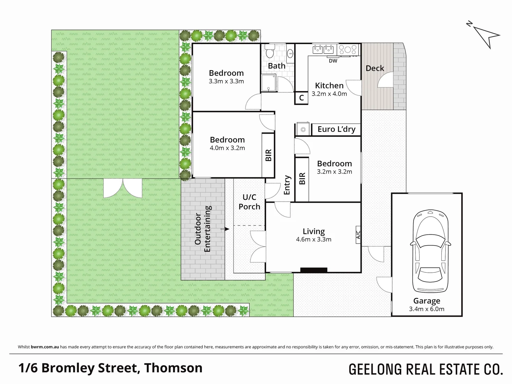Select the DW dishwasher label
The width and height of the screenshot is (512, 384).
(x=333, y=61)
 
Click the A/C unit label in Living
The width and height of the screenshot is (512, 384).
(x=358, y=235)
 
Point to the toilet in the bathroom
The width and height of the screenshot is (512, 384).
(x=270, y=51)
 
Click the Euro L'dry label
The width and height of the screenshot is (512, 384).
(x=336, y=129)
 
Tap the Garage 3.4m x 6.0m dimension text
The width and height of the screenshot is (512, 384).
(x=426, y=309)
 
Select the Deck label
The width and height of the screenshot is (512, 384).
(x=375, y=68)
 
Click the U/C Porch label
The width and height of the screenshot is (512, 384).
(x=249, y=202)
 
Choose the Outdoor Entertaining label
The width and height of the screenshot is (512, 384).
(x=203, y=229)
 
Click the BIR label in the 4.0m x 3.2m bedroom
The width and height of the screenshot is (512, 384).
(x=268, y=155)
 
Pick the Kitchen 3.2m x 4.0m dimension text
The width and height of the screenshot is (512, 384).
(x=329, y=94)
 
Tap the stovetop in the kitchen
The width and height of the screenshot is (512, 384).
(x=348, y=49)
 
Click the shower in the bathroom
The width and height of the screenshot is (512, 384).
(x=269, y=83)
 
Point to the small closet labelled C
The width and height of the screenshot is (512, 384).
(x=301, y=98)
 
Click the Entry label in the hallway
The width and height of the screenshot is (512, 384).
(x=287, y=185)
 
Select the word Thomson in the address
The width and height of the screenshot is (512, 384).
(x=173, y=368)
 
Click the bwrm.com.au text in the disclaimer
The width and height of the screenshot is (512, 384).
(x=45, y=347)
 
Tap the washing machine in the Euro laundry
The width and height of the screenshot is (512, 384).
(x=303, y=129)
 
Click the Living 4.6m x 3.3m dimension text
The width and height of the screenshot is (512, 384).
(x=313, y=240)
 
